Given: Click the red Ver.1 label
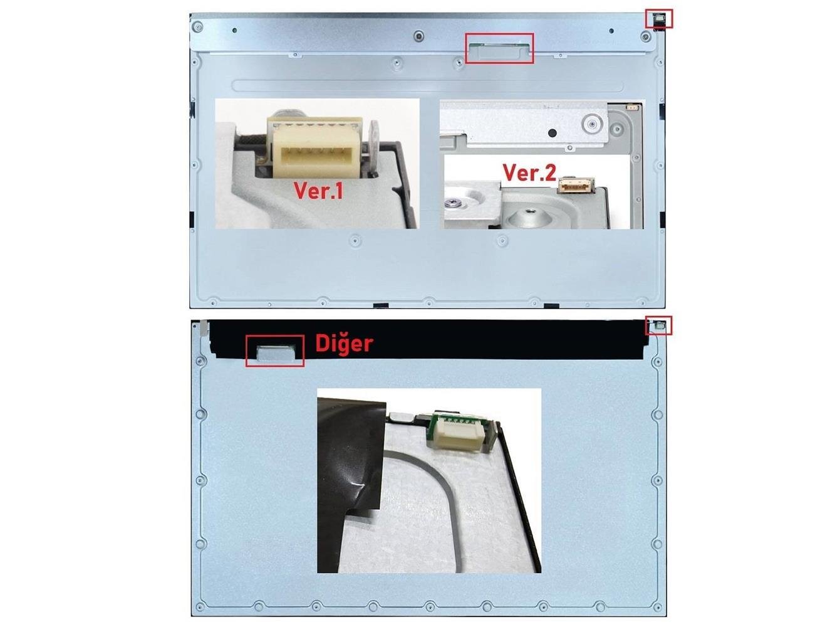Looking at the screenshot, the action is pos(318,191).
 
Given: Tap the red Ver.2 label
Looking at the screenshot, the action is pos(529,172).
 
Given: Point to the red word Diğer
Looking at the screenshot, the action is pos(345,344).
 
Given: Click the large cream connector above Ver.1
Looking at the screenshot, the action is pos(315,148).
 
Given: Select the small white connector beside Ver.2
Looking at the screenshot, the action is pos(576,186).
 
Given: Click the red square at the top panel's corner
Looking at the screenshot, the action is pos(659,19).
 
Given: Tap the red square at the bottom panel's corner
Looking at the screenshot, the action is pos(658,325).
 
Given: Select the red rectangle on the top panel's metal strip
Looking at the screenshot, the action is pos(499,48).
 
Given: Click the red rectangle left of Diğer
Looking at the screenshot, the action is pos(274,351).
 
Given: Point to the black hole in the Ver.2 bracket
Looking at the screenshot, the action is pos(552,133).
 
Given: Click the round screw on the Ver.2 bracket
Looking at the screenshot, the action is pos(591,124).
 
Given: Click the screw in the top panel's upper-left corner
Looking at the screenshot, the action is pos(197,27).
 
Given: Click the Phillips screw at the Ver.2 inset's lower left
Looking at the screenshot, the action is pos(455,202).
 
